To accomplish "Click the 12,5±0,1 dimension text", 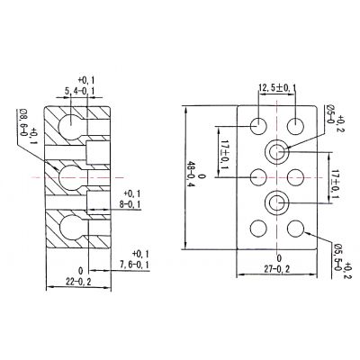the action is (x=277, y=88).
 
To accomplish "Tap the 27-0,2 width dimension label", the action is (x=277, y=269).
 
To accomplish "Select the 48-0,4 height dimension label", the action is (x=191, y=178).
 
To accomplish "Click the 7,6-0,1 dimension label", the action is (x=134, y=265).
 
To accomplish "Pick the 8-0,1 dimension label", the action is (x=130, y=204).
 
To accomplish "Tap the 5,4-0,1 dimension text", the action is (x=79, y=91).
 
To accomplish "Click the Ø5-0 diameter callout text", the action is (x=330, y=114).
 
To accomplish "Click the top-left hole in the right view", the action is (x=258, y=126).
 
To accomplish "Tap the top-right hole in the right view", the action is (x=296, y=126).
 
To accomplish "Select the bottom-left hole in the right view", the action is (x=258, y=229).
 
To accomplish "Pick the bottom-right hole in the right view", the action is (x=296, y=229).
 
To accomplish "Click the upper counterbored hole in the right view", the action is (x=277, y=152).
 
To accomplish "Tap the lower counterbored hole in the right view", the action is (x=277, y=203).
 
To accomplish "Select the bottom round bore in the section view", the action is (x=71, y=228).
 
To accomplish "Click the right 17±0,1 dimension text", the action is (x=335, y=185).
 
